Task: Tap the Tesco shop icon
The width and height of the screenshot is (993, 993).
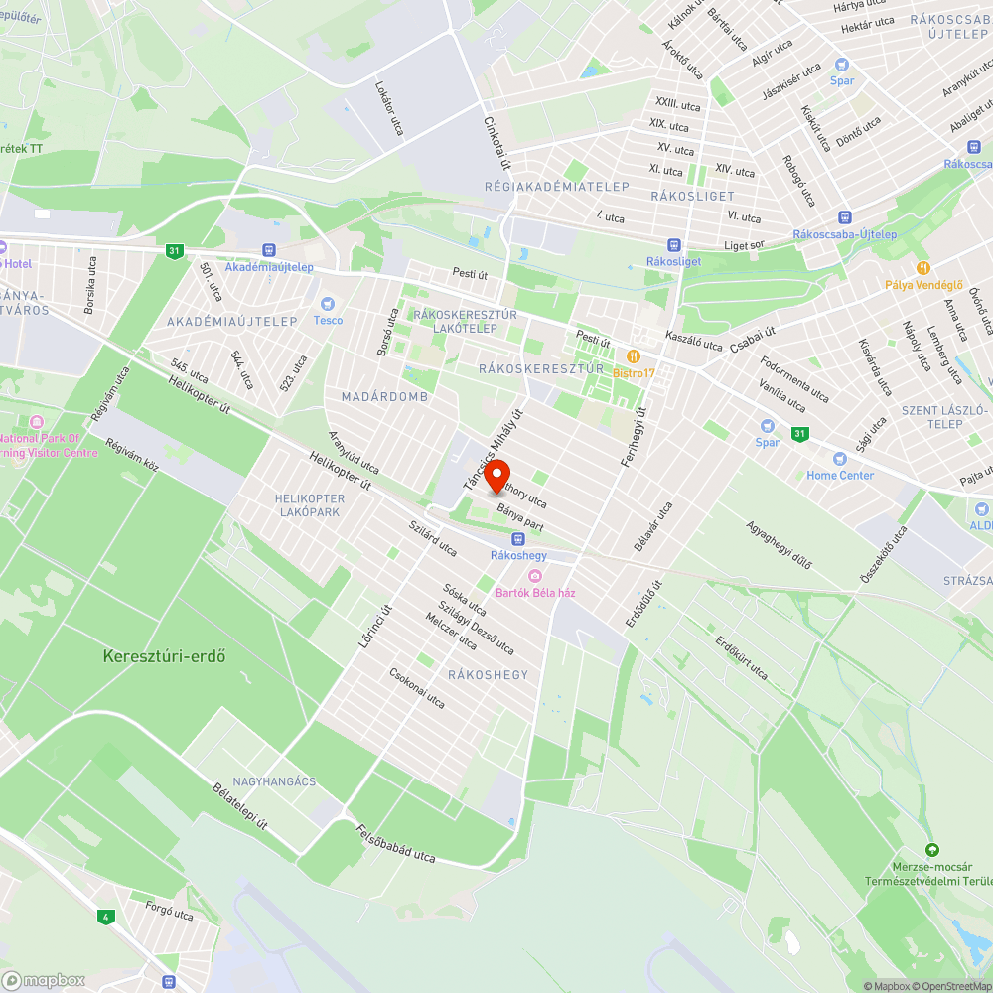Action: click(328, 304)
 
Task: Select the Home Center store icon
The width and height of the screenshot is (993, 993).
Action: click(840, 459)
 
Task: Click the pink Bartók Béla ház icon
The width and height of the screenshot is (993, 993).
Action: click(535, 577)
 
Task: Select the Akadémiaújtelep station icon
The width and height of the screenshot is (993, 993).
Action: click(268, 251)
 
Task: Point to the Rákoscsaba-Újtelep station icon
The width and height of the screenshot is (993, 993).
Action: click(844, 217)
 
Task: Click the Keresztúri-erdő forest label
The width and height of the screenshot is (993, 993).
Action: click(165, 656)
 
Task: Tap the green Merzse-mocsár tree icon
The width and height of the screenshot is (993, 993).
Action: click(931, 850)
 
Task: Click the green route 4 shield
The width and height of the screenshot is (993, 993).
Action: click(104, 916)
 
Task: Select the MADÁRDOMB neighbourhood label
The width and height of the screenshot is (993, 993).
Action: click(384, 397)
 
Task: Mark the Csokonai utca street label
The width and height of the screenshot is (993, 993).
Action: click(417, 686)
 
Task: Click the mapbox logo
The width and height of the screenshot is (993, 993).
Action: click(44, 980)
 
